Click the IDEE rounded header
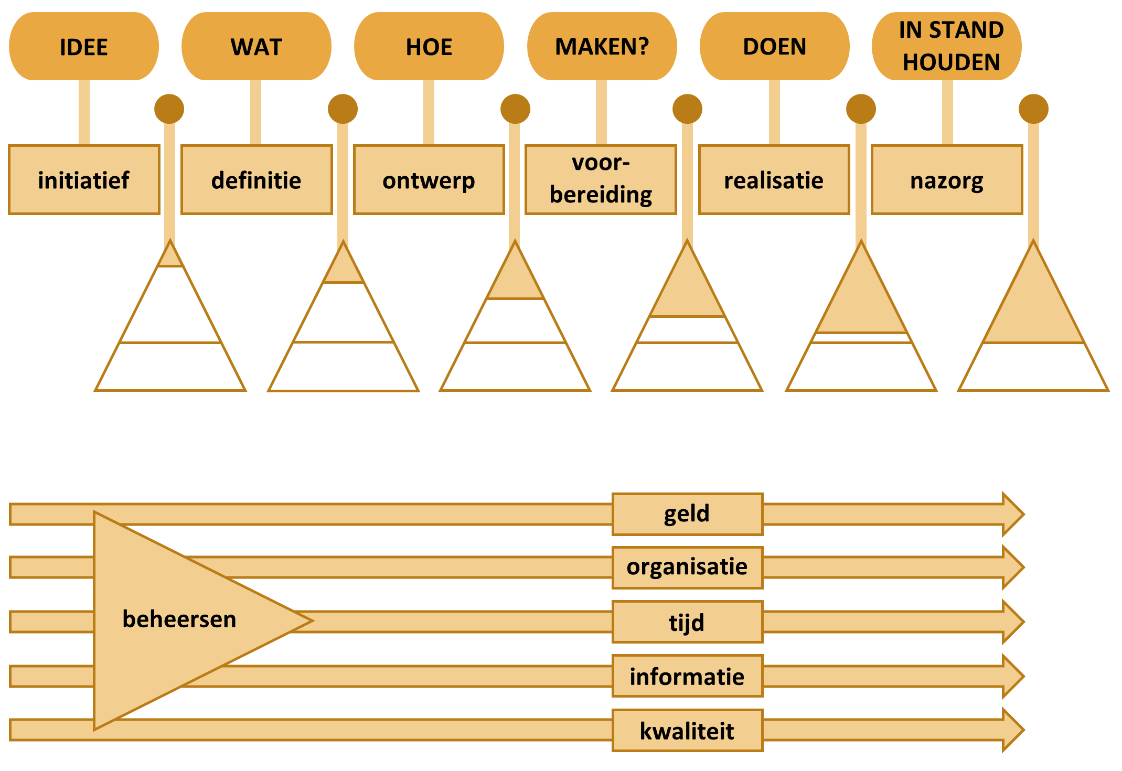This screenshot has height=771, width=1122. tap(84, 46)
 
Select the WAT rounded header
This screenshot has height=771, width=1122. tap(257, 46)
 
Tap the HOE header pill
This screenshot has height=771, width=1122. tap(429, 46)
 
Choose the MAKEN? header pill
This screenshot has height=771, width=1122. tap(602, 46)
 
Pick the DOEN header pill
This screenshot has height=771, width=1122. tap(775, 46)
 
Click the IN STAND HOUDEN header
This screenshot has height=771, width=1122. tap(947, 46)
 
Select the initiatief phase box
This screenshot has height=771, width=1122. tap(84, 180)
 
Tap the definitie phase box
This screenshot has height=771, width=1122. tap(257, 180)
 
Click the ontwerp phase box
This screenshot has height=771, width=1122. tap(429, 180)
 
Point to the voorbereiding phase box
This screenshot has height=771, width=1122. tap(601, 180)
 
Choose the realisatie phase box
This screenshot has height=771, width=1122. tap(774, 180)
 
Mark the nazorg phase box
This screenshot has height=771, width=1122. tap(947, 180)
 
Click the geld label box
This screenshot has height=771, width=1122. tap(688, 514)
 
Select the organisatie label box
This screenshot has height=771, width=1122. tap(688, 567)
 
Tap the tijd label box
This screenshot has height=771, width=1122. tap(688, 622)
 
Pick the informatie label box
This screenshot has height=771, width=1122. tap(688, 676)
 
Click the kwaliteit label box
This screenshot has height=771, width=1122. tap(688, 731)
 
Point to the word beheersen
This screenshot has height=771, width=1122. tap(179, 619)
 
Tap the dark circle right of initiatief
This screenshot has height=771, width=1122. tap(169, 109)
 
